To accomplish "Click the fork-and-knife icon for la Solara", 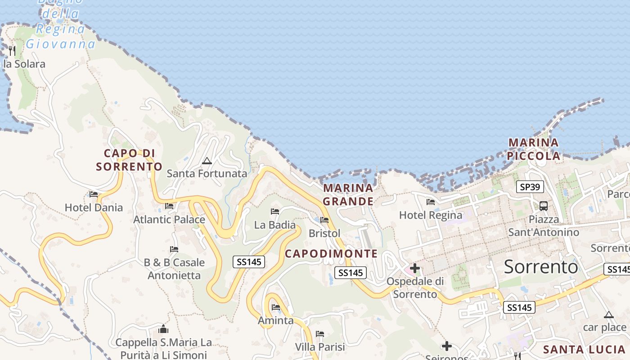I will click(12, 50).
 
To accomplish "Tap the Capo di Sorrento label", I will click(129, 160).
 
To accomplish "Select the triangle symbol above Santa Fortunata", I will click(207, 161).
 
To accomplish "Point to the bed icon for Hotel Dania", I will click(94, 194).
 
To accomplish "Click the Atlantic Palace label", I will click(169, 220).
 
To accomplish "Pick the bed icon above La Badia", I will click(275, 211).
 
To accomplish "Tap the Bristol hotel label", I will click(324, 234).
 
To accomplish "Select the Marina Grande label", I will click(348, 194).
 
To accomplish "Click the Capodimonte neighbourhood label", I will click(331, 254).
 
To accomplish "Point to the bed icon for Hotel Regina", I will click(431, 202).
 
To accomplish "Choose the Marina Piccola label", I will click(534, 149).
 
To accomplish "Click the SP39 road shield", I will click(530, 187).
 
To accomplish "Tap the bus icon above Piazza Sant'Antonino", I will click(544, 206).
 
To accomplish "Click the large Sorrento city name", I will click(541, 267).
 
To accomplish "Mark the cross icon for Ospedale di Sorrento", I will click(415, 269).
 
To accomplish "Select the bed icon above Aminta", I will click(276, 307).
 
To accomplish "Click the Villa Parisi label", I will click(320, 347).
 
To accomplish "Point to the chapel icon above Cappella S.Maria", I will click(163, 329).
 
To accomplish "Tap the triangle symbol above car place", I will click(609, 315).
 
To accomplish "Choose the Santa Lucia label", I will click(584, 350).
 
